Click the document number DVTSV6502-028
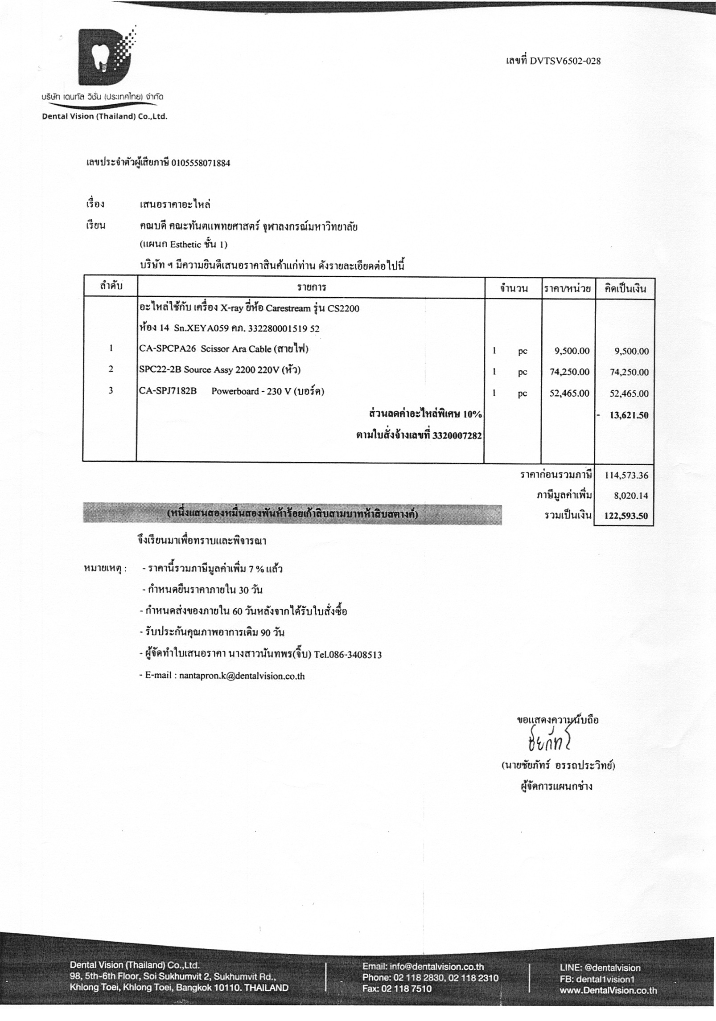(565, 61)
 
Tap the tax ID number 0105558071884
(201, 163)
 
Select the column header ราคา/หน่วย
(568, 288)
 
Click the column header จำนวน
(513, 288)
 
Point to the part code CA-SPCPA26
(167, 349)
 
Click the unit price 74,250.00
(569, 372)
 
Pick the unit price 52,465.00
(569, 394)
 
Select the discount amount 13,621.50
(629, 415)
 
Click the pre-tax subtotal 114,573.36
(626, 475)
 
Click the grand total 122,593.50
(626, 516)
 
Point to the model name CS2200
(343, 308)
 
